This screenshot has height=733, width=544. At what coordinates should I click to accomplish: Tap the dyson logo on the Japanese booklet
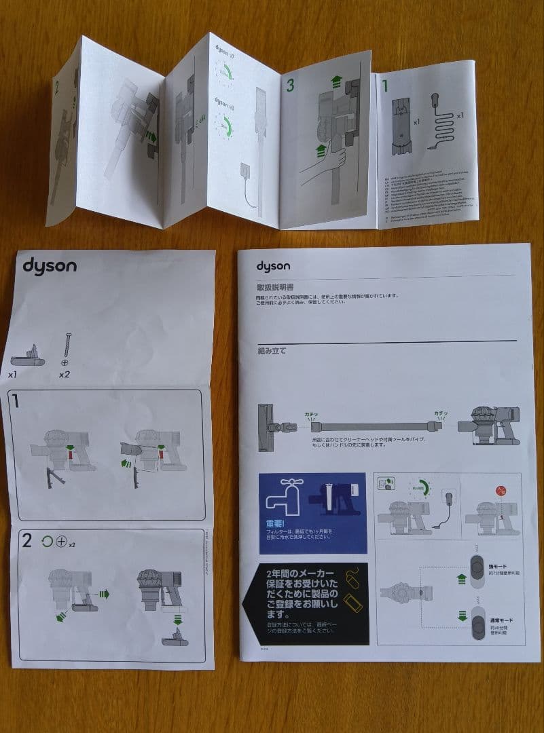pyautogui.click(x=273, y=266)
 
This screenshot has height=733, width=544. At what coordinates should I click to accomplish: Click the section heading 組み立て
pyautogui.click(x=272, y=351)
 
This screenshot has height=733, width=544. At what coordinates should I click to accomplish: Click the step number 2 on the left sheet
pyautogui.click(x=26, y=541)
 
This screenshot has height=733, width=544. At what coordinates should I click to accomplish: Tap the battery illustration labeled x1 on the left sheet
pyautogui.click(x=29, y=354)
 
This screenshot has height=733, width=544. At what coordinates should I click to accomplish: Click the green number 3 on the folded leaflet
pyautogui.click(x=290, y=86)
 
